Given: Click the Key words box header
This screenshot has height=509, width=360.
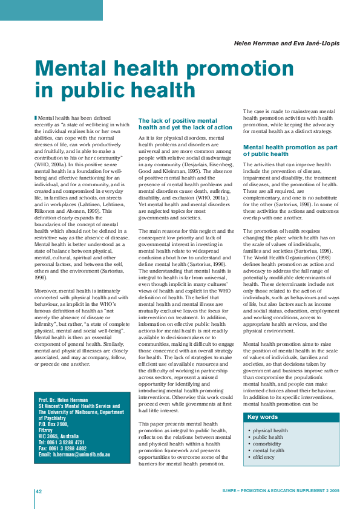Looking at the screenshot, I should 263,417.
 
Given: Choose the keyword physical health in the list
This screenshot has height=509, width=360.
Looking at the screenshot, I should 270,430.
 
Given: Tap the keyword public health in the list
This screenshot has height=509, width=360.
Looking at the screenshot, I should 268,437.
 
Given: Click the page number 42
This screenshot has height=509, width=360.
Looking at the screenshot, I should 38,491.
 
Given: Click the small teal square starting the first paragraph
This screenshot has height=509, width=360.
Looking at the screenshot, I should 35,118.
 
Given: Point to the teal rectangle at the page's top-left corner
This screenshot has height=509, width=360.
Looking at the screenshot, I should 51,10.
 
